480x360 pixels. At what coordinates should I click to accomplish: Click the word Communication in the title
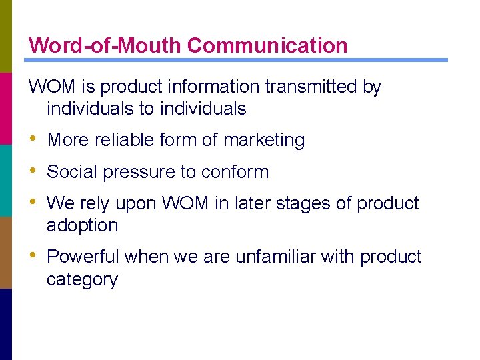[x=267, y=45]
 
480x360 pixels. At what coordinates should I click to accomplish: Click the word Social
[x=69, y=171]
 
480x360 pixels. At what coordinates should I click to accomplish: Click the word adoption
[x=82, y=225]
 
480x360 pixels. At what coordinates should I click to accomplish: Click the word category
[x=82, y=279]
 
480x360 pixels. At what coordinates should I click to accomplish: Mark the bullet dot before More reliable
[x=33, y=139]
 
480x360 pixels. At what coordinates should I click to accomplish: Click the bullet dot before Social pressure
[x=33, y=171]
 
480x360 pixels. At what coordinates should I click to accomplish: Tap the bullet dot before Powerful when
[x=33, y=256]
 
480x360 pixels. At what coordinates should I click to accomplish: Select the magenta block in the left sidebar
[x=6, y=108]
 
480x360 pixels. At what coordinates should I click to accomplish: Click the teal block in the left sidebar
[x=6, y=180]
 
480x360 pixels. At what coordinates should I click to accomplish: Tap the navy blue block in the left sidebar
[x=6, y=324]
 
